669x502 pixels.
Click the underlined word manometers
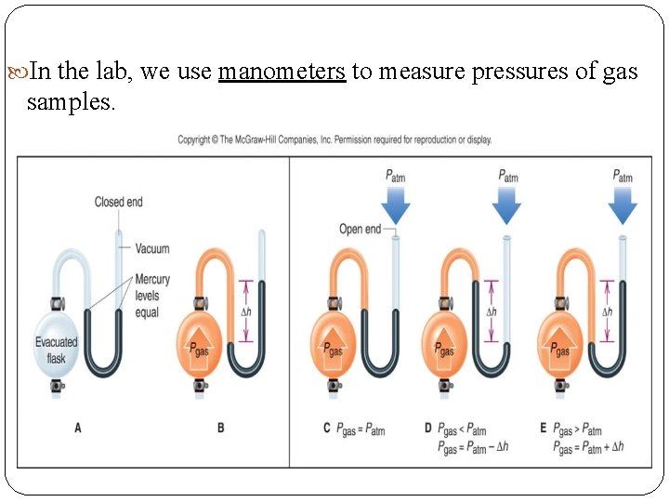[282, 73]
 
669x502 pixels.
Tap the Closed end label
[118, 202]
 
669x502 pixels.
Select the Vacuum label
[151, 249]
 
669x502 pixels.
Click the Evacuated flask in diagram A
[57, 348]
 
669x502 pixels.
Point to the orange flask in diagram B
[196, 345]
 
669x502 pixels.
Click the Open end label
[360, 229]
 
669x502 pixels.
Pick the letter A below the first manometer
[78, 429]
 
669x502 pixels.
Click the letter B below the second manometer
[220, 429]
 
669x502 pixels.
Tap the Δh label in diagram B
[246, 311]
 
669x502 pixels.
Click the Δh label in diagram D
[492, 311]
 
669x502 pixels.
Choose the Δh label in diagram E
[607, 311]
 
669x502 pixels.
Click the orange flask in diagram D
[445, 345]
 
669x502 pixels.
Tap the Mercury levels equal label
[152, 296]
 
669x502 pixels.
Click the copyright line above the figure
[334, 140]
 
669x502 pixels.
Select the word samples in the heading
[72, 102]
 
